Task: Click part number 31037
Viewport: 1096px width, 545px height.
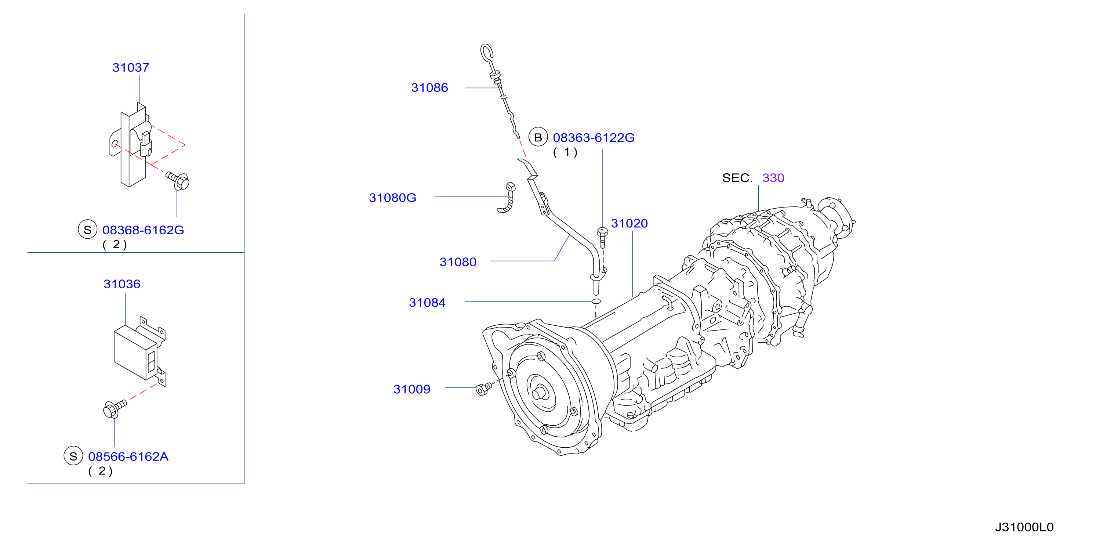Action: [131, 68]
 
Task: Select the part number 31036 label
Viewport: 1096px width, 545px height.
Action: [122, 284]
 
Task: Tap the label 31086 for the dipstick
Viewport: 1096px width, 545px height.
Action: [429, 88]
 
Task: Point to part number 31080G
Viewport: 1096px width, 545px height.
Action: [392, 198]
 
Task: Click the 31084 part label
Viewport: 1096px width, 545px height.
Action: [427, 303]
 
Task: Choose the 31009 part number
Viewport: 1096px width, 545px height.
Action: [412, 389]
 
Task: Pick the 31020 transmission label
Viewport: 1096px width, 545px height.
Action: [629, 224]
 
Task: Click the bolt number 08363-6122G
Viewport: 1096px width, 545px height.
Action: [594, 137]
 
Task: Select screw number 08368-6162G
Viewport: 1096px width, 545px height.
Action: [143, 230]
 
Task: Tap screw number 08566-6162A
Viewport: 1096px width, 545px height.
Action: [128, 456]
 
